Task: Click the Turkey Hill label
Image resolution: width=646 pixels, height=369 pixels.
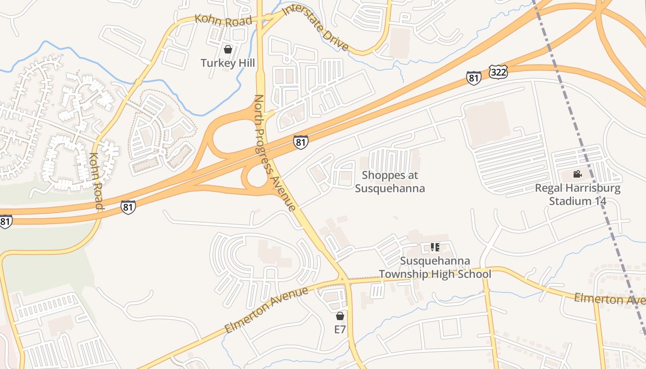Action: (x=227, y=63)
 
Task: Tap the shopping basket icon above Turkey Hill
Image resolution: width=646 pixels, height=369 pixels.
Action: (x=227, y=49)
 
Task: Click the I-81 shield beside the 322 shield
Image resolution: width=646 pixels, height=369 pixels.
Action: (x=473, y=78)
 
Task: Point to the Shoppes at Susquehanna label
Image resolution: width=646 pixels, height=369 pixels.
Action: (x=390, y=182)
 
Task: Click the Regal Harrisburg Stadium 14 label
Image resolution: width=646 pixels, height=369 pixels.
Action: (x=578, y=195)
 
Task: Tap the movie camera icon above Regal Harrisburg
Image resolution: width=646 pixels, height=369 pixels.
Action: (x=577, y=174)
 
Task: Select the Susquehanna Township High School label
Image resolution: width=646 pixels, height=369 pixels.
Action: (x=435, y=268)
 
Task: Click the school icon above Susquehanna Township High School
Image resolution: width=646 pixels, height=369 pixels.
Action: (x=435, y=247)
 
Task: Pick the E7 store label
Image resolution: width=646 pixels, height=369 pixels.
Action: (x=340, y=329)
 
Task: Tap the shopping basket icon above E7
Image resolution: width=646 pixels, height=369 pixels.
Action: (x=340, y=316)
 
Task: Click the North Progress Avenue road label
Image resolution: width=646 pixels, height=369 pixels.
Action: (x=275, y=152)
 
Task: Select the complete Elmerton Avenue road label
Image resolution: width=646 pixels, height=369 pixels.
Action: (x=266, y=310)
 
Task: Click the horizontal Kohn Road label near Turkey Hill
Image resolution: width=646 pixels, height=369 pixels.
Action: (x=223, y=20)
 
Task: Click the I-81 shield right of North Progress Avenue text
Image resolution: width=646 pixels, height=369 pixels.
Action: (x=300, y=142)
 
